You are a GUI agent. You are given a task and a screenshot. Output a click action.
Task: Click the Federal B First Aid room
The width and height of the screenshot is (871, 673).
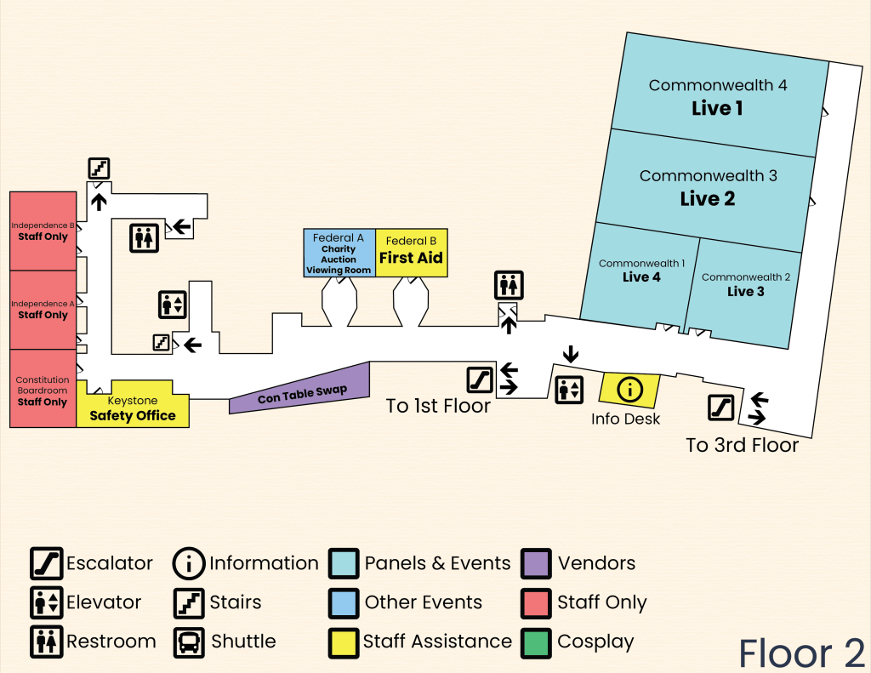point(412,252)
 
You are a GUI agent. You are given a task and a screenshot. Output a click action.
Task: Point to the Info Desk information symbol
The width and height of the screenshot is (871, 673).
point(629,390)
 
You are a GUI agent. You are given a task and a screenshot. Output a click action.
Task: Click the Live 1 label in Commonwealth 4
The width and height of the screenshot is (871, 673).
point(717,109)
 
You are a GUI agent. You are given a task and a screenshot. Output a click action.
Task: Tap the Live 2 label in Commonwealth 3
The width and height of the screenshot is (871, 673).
point(707,199)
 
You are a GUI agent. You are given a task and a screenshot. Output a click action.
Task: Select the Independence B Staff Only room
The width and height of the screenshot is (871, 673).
point(43,231)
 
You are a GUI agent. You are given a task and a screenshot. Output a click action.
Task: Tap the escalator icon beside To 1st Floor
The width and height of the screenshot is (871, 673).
point(480,379)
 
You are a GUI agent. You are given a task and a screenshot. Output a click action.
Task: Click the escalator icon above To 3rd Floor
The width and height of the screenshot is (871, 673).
point(721,408)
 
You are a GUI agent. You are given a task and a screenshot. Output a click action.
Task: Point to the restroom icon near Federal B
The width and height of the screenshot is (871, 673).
point(509,285)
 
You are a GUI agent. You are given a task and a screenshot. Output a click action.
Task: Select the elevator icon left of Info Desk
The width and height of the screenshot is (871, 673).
point(569,390)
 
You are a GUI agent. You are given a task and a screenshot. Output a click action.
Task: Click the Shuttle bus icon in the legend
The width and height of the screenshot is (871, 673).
point(188,642)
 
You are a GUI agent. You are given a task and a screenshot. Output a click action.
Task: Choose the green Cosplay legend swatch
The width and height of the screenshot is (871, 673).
point(536,642)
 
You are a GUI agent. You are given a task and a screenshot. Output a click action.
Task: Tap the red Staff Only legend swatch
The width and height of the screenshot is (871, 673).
point(536,602)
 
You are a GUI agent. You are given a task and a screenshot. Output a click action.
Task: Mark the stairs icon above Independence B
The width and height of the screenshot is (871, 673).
point(99,168)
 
